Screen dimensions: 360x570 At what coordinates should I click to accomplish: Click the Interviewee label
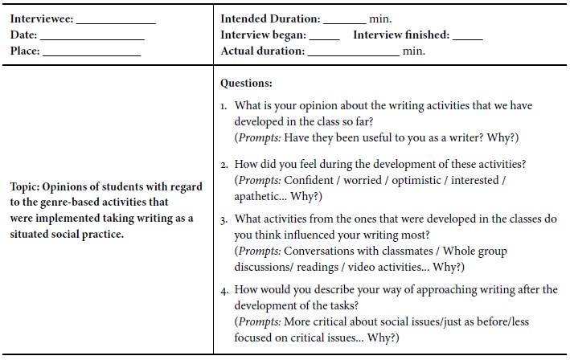(x=41, y=18)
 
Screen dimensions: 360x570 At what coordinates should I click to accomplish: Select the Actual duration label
(x=263, y=51)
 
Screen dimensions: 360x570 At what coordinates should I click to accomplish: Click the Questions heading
(x=246, y=83)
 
